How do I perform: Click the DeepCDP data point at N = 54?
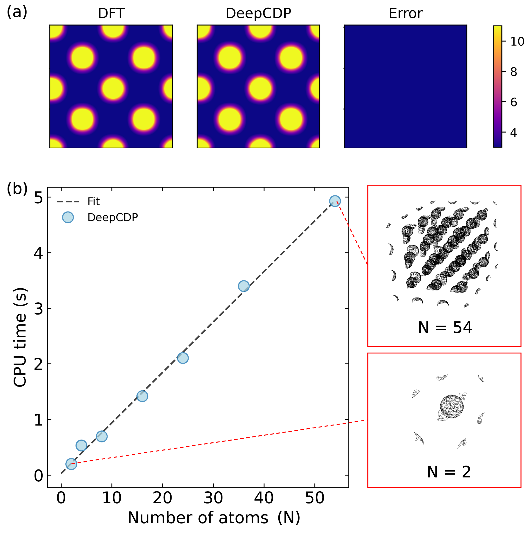click(335, 201)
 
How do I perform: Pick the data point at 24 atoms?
click(183, 358)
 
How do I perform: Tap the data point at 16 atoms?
click(142, 396)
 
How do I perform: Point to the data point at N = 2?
click(71, 464)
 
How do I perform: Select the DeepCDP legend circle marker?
click(68, 217)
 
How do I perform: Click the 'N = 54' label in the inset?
click(445, 328)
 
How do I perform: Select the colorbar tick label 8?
click(513, 72)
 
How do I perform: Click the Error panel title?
click(405, 13)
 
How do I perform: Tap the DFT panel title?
click(111, 13)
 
